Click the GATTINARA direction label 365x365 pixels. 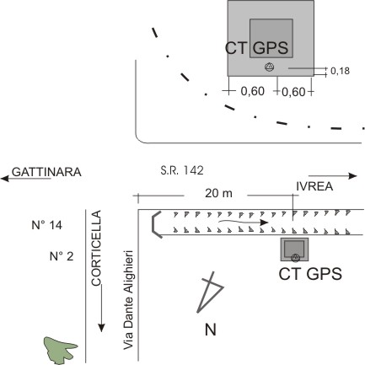click(x=46, y=172)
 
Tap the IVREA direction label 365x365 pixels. click(x=314, y=186)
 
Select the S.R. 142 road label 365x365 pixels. click(x=182, y=170)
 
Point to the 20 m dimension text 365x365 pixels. click(x=218, y=193)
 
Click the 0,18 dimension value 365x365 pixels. click(x=340, y=71)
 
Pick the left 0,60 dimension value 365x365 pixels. click(x=253, y=91)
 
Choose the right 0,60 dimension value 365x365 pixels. click(x=293, y=92)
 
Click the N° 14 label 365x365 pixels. click(x=46, y=225)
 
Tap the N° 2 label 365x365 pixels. click(x=62, y=256)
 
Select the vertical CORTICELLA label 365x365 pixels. click(x=96, y=248)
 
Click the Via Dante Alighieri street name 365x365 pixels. click(x=128, y=300)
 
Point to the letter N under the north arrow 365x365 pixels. click(x=211, y=330)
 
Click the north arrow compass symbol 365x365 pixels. click(x=210, y=293)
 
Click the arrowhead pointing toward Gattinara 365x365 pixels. click(x=5, y=178)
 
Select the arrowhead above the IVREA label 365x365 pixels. click(x=352, y=176)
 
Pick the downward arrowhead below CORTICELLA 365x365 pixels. click(x=101, y=328)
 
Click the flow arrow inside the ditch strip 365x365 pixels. click(x=244, y=222)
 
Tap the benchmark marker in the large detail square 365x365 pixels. click(x=270, y=67)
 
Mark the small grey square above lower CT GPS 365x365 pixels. click(x=294, y=250)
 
